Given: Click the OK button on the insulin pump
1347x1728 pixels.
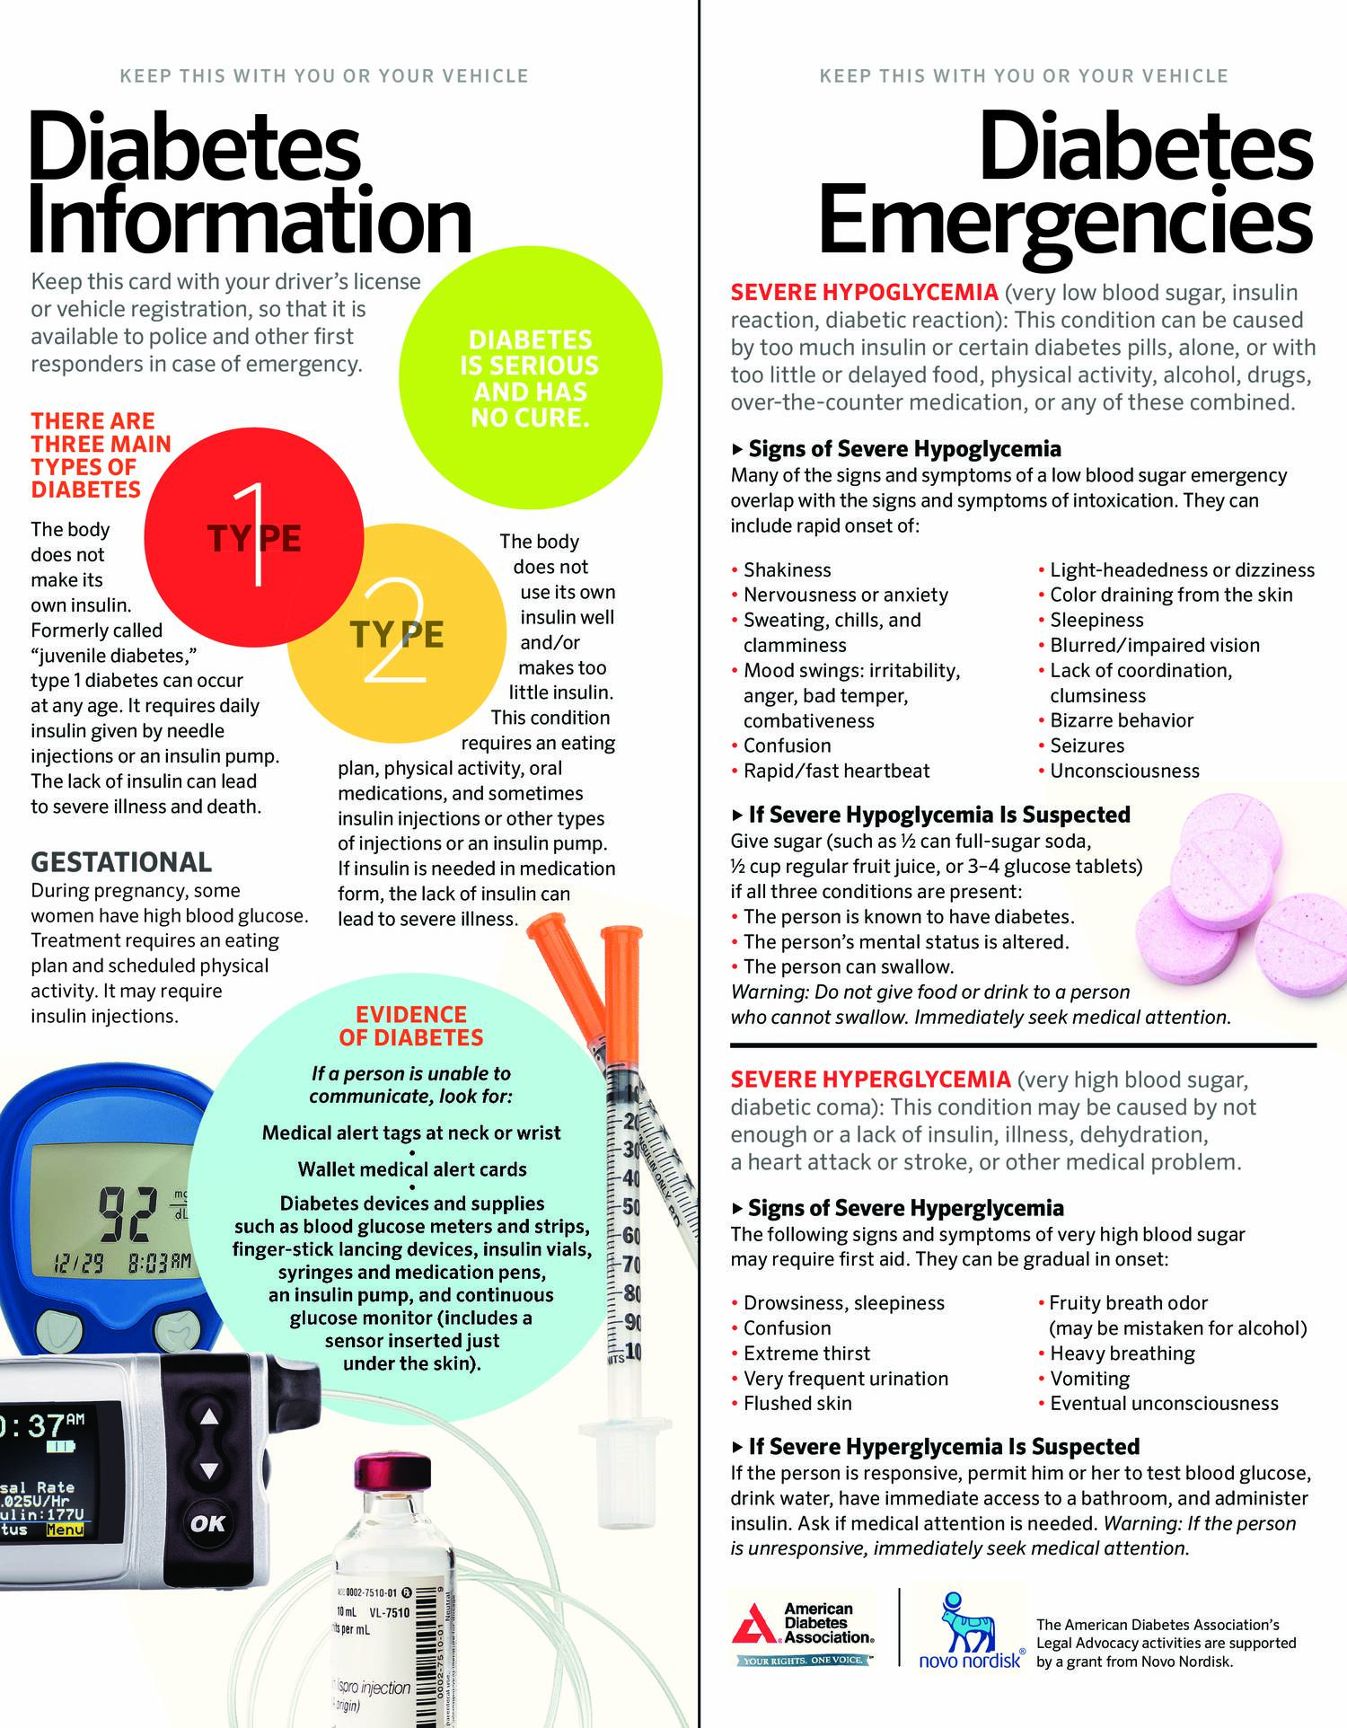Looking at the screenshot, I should (208, 1523).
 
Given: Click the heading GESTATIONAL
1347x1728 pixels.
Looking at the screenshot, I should (121, 862).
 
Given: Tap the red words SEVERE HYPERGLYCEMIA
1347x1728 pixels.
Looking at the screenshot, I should (870, 1079).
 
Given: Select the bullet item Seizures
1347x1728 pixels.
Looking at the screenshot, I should (1087, 745).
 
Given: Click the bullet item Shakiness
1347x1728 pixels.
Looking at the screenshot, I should (787, 569).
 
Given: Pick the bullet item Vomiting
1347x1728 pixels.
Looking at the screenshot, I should (1089, 1378).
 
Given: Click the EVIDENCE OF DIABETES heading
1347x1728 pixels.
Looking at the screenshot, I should (411, 1026).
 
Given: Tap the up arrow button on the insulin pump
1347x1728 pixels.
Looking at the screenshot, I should (209, 1416).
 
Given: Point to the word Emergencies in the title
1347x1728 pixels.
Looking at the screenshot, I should (1065, 221).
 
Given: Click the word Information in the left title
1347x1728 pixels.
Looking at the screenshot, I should (250, 221).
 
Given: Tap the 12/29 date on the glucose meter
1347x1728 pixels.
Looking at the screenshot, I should (79, 1263).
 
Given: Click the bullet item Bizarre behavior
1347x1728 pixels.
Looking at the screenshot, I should (1122, 720).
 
